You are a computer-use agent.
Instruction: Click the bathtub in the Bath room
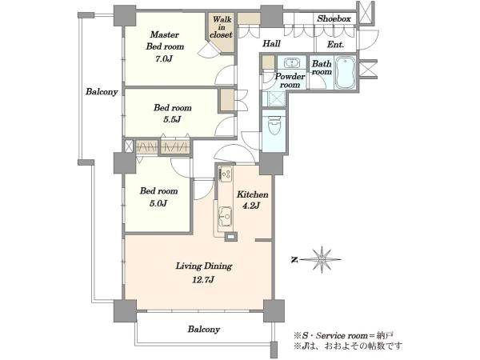pos(345,72)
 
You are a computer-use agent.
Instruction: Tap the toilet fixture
pos(274,125)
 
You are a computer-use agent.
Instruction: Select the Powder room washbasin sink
pos(292,63)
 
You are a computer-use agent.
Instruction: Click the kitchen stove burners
pos(226,174)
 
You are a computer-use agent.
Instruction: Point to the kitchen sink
pos(225,217)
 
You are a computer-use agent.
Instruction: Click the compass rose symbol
pos(321,259)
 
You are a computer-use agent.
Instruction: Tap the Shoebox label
pos(334,18)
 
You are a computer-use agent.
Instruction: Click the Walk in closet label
pos(222,27)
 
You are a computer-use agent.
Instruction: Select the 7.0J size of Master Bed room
pos(163,58)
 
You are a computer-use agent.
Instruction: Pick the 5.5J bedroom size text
pos(172,119)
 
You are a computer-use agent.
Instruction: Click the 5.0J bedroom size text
pos(158,203)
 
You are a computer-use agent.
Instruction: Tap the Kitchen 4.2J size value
pos(251,206)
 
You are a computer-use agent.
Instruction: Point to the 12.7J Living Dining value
pos(203,279)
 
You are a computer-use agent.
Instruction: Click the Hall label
pos(271,43)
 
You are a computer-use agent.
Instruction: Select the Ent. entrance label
pos(335,44)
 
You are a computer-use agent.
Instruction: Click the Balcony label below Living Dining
pos(203,330)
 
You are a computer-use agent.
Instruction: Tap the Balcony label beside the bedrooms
pos(102,91)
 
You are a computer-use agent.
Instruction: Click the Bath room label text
pos(322,68)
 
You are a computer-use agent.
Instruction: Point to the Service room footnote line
pos(343,336)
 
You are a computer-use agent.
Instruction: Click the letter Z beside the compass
pos(294,260)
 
